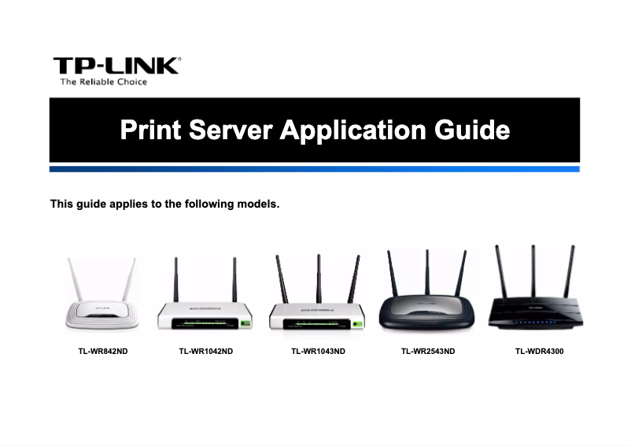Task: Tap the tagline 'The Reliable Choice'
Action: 104,82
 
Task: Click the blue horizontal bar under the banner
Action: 315,169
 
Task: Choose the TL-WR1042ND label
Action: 206,351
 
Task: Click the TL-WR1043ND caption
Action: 318,351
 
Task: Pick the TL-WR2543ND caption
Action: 428,351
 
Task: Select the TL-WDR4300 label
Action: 539,351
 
